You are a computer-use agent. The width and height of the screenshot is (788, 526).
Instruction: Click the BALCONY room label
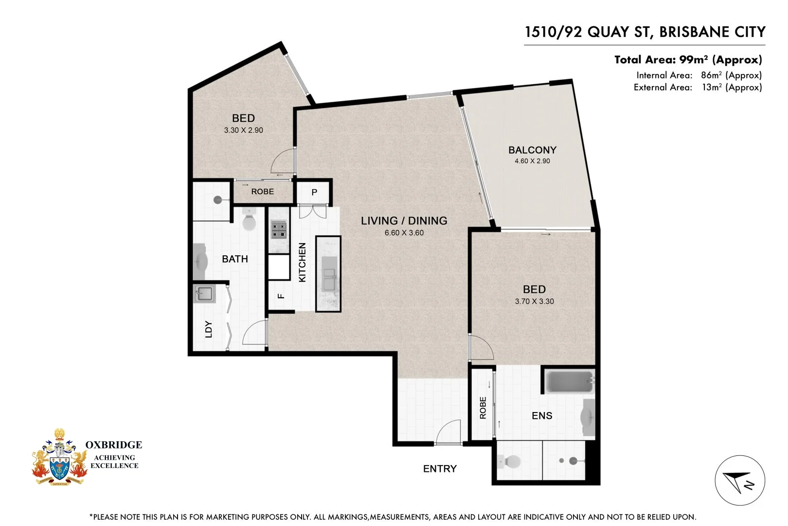(x=532, y=150)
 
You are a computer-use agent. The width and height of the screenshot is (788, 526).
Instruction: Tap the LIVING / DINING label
(x=404, y=221)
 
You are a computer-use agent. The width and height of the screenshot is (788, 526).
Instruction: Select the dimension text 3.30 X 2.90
(x=243, y=131)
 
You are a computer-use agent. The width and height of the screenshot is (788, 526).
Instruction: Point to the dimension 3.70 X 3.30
(x=534, y=301)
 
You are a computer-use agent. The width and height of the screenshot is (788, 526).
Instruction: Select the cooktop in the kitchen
(x=279, y=229)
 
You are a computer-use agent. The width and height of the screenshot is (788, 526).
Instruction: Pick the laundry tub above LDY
(x=204, y=294)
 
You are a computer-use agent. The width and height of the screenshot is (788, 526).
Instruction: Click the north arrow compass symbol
(x=739, y=481)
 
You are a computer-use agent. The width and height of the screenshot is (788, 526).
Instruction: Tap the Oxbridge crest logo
(x=59, y=458)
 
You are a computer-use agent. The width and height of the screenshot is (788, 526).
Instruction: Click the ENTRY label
(x=440, y=469)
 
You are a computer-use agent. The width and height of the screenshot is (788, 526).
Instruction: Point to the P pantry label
(x=314, y=192)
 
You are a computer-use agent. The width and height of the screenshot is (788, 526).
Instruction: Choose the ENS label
(x=542, y=415)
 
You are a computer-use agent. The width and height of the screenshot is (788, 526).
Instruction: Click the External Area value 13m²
(x=732, y=87)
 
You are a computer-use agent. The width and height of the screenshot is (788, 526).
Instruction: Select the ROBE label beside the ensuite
(x=483, y=408)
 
